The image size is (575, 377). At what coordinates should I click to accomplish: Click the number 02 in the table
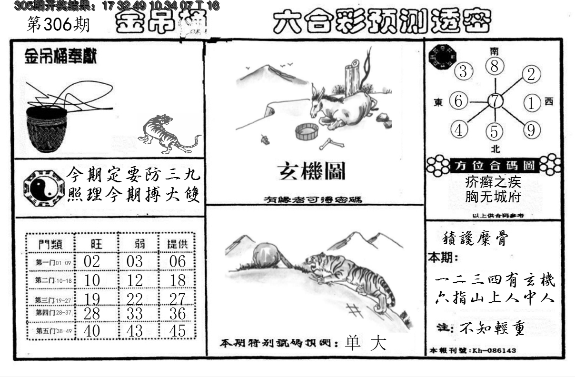[91, 261]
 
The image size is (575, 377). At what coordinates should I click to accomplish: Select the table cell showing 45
[178, 331]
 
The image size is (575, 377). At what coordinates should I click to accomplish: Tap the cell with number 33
[135, 314]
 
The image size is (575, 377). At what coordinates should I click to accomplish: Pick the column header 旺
[96, 244]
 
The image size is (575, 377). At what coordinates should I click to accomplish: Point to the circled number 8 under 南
[495, 67]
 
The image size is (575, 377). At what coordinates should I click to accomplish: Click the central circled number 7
[495, 101]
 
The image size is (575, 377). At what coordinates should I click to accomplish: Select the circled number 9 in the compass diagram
[531, 129]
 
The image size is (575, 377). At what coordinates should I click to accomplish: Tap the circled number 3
[463, 72]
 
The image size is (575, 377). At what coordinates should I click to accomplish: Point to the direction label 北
[495, 149]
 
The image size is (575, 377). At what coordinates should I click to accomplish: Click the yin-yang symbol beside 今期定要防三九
[43, 188]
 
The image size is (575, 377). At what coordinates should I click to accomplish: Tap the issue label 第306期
[58, 24]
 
